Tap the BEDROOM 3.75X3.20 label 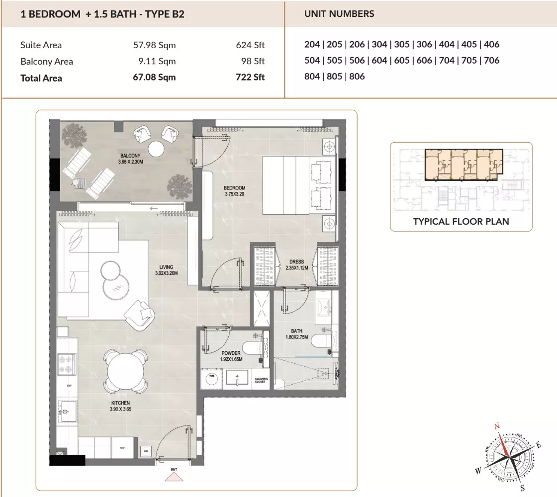coord(234,191)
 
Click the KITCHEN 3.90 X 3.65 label coord(121,406)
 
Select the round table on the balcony coord(156,149)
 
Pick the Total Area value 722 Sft coord(250,78)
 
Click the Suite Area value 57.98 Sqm coord(155,45)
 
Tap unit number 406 coord(492,44)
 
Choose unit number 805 coord(334,77)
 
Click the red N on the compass coord(497,425)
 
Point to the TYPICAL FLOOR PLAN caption coord(461,222)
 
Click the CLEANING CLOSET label coord(262,380)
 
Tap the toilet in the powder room coord(253,347)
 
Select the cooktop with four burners coord(67,364)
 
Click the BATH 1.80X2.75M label coord(296,334)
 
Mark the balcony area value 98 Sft coord(253,61)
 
